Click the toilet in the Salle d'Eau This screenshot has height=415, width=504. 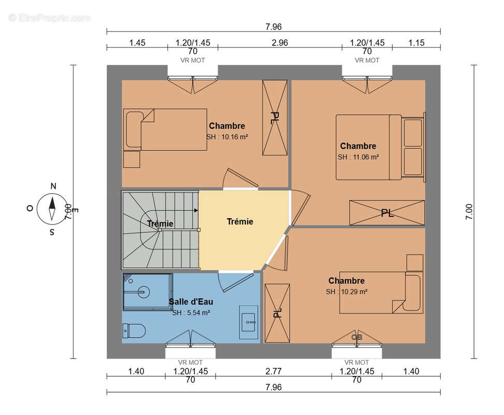coord(134,330)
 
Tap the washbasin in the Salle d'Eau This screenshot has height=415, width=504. coord(249,322)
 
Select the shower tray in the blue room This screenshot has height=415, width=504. coord(148,292)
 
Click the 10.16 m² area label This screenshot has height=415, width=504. coord(227,137)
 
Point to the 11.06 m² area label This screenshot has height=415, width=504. coord(358,157)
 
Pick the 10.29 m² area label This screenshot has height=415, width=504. coord(347,292)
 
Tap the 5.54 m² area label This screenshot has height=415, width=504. coord(191,313)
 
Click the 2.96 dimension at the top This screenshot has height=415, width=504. coord(280,43)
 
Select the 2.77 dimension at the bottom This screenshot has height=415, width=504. coord(273,371)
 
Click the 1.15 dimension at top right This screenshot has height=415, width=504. coord(416,43)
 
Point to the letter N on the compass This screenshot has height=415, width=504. coord(53,186)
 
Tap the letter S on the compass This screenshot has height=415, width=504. coord(52,232)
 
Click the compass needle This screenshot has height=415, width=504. coord(52,209)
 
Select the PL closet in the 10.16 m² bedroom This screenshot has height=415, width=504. coord(275,118)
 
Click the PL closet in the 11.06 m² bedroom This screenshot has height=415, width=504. coord(387,213)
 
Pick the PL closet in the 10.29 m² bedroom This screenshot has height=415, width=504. coord(277,313)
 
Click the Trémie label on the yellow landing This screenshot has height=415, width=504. coord(240,222)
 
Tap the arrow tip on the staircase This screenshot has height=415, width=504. coord(197,211)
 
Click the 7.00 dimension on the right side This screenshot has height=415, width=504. coord(469,212)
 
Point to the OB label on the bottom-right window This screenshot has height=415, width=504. coord(357,337)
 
